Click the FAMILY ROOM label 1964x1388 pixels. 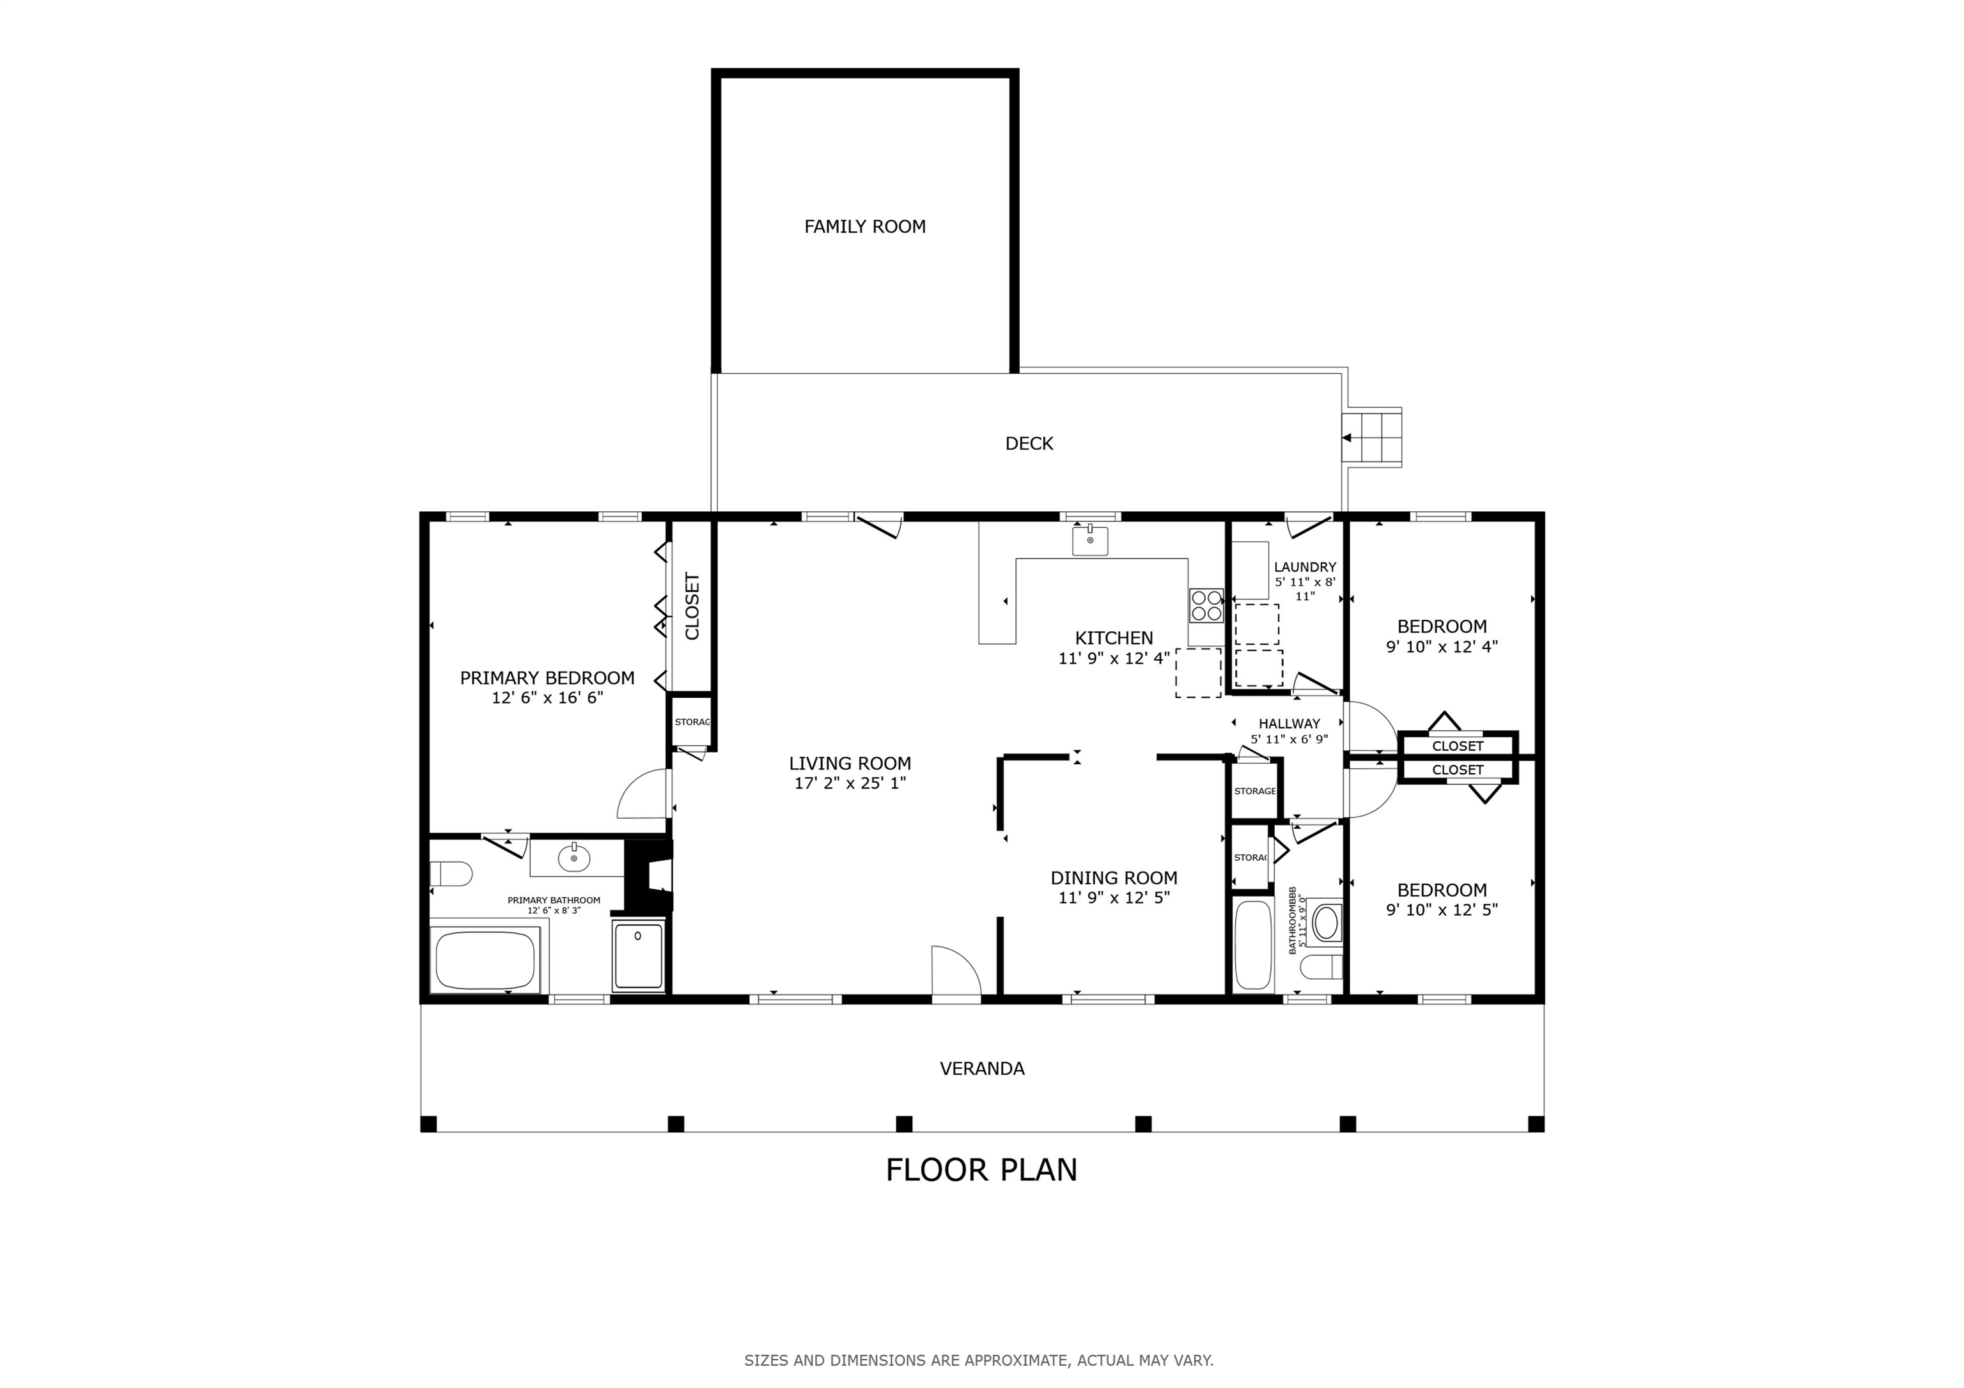click(x=865, y=227)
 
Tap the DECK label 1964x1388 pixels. click(x=1029, y=443)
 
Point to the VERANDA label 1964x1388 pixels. click(x=982, y=1068)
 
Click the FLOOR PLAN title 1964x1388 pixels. click(x=981, y=1170)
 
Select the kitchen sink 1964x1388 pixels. click(x=1090, y=541)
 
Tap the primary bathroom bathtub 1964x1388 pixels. click(x=485, y=960)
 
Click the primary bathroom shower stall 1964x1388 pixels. click(x=638, y=956)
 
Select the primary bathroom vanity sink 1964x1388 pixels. click(x=574, y=858)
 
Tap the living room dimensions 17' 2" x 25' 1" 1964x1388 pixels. click(x=850, y=783)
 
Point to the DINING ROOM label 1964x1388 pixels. click(x=1114, y=877)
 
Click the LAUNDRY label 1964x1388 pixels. click(x=1304, y=567)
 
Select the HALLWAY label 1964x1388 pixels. click(x=1289, y=723)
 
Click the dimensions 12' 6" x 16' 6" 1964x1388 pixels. click(x=547, y=698)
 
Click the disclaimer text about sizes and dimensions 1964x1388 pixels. click(x=979, y=1360)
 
